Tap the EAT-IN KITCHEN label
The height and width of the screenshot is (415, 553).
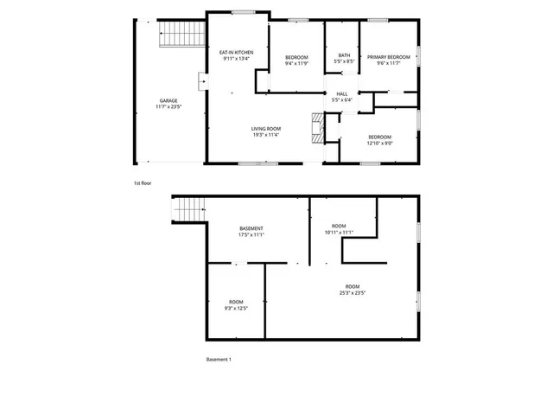click(236, 53)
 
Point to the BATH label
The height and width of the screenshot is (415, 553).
click(344, 54)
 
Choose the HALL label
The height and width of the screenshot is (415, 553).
click(341, 93)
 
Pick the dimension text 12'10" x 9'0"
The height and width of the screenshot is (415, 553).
click(380, 144)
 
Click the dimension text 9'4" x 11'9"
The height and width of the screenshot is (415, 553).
click(296, 63)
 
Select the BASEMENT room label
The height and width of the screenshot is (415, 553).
click(251, 228)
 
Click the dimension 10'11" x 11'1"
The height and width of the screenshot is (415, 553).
click(340, 233)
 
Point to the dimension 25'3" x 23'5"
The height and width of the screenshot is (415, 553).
click(353, 292)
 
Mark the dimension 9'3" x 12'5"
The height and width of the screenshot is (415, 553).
click(236, 308)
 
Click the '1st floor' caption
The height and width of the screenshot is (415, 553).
click(143, 183)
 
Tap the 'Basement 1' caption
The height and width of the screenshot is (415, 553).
click(219, 359)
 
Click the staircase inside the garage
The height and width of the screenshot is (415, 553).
click(182, 35)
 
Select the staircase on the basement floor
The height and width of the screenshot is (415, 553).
click(190, 208)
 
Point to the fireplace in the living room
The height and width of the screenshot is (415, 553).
click(317, 128)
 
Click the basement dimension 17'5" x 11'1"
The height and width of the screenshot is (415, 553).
click(251, 234)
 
